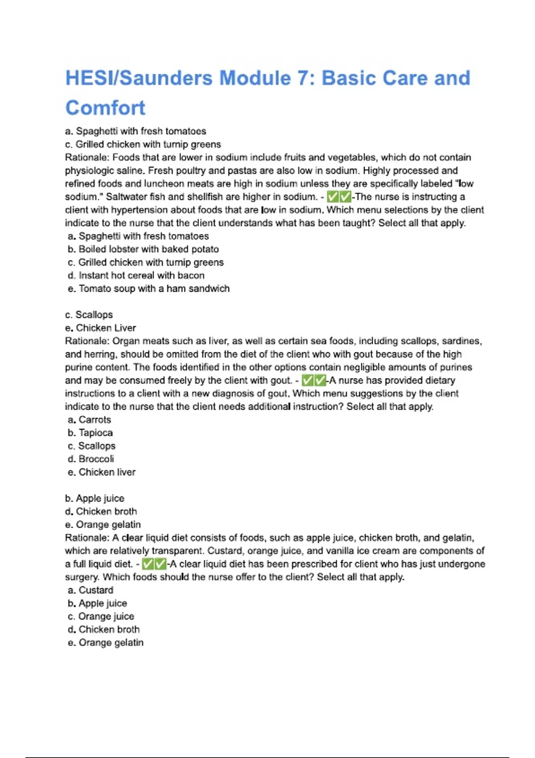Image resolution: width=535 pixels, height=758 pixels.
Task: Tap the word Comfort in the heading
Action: coord(105,108)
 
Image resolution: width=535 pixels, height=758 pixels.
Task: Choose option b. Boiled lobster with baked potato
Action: coord(143,249)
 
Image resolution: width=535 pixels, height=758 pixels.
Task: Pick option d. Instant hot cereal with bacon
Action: coord(136,276)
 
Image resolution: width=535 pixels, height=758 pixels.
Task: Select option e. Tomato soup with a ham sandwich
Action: coord(148,288)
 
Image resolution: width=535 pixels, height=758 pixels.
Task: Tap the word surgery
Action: coord(82,577)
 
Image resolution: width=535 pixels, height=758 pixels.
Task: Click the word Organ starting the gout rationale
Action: coord(126,341)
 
